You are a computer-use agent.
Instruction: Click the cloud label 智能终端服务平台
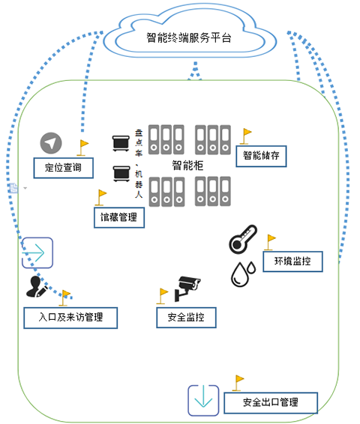click(189, 38)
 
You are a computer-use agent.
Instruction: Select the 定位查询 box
click(64, 168)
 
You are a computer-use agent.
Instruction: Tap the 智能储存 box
click(261, 156)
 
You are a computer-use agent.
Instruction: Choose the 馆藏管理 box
click(119, 217)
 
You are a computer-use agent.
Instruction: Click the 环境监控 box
click(292, 261)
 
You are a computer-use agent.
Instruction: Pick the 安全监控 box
click(186, 318)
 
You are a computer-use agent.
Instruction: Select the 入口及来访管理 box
click(70, 318)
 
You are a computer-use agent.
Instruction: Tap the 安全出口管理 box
click(271, 402)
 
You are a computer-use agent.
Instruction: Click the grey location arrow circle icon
click(51, 143)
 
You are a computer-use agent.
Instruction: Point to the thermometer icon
click(243, 239)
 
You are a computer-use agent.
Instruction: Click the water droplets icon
click(243, 273)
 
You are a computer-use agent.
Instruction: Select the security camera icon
click(187, 288)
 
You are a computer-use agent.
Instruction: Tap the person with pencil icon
click(37, 287)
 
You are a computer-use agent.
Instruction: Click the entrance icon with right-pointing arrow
click(37, 253)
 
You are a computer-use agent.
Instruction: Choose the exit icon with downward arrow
click(203, 401)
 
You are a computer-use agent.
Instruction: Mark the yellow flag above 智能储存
click(246, 136)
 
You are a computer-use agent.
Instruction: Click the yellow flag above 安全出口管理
click(238, 383)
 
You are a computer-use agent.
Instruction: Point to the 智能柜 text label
click(187, 166)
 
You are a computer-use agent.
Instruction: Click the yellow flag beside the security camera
click(163, 296)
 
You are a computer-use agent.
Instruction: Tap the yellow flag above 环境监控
click(270, 242)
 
